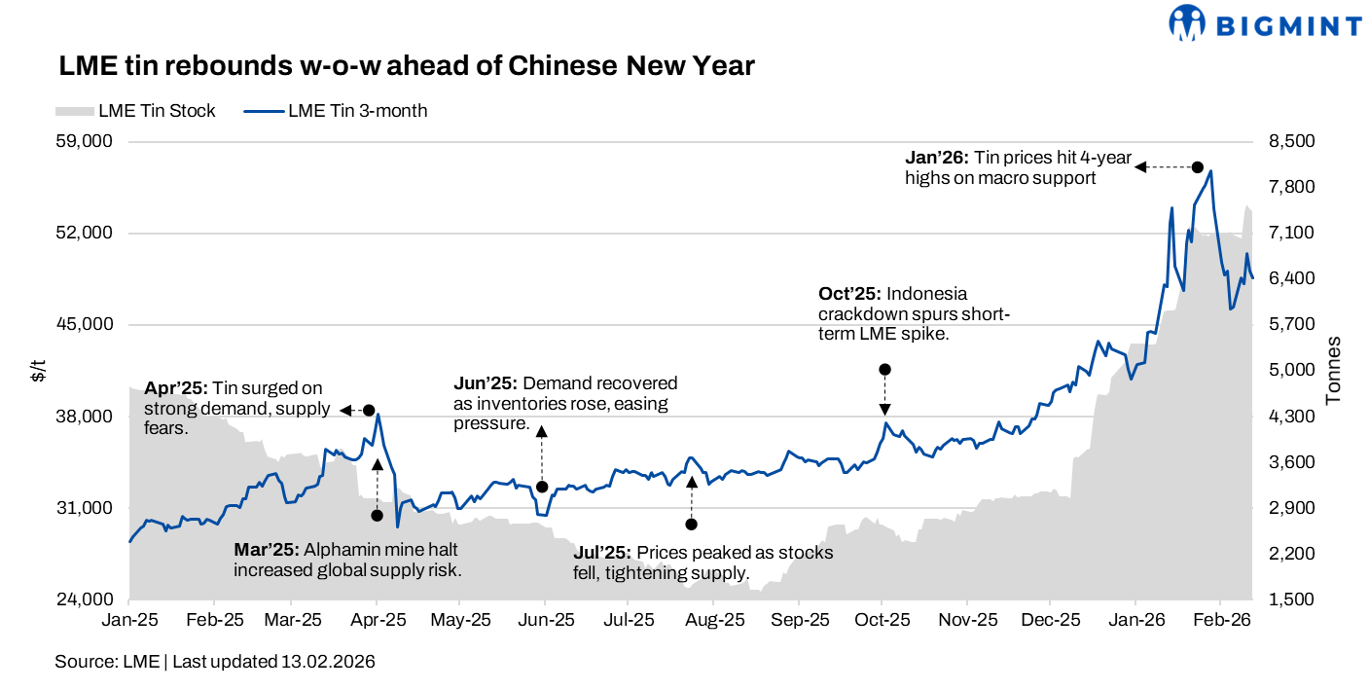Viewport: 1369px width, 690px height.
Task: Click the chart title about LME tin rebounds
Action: point(407,65)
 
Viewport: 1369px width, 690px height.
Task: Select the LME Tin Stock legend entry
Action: point(136,111)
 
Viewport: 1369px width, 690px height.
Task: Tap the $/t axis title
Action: point(37,370)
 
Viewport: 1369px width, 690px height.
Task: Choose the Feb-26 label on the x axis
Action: point(1221,619)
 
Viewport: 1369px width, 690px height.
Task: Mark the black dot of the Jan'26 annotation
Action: point(1198,167)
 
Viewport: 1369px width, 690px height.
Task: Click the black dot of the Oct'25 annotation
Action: point(884,370)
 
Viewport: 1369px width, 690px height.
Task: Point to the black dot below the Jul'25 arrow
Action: point(691,525)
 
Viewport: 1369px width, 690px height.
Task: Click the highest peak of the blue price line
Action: point(1210,172)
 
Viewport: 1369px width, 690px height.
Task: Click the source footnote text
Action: point(214,662)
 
